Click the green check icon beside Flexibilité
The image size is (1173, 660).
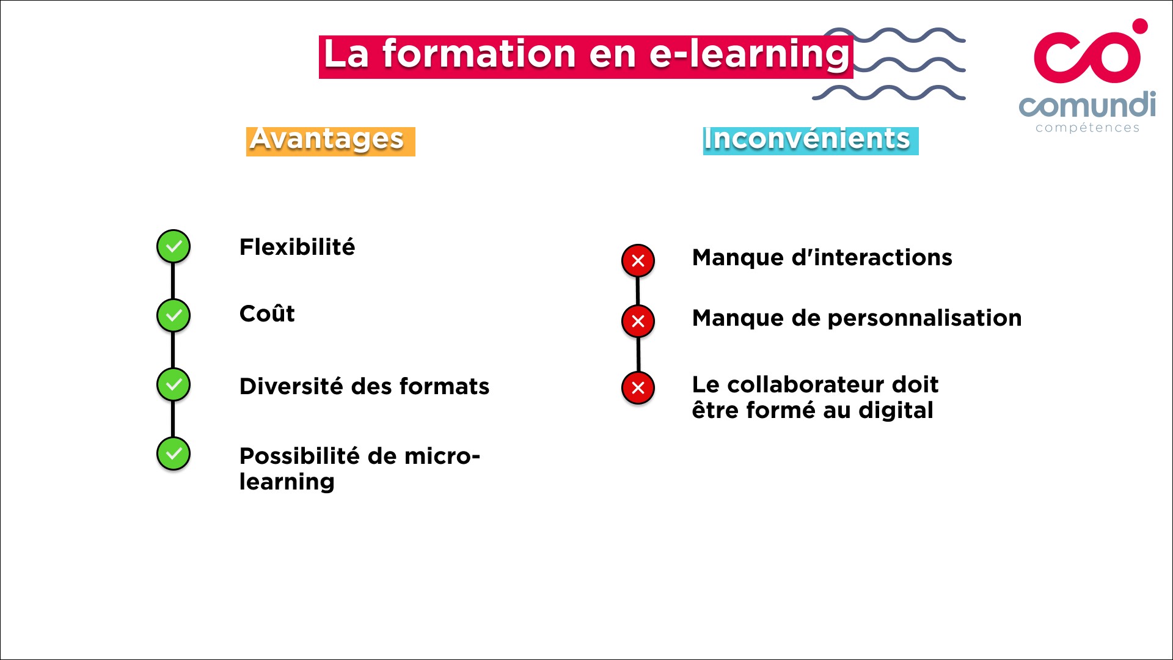(x=174, y=246)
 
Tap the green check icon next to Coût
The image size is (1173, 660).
(x=174, y=315)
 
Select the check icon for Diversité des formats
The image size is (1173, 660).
(x=174, y=384)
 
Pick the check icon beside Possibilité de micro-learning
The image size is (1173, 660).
(x=174, y=453)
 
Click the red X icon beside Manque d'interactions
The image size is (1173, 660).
(x=638, y=261)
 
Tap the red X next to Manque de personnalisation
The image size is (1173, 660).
(x=638, y=321)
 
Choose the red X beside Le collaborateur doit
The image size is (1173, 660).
(x=638, y=387)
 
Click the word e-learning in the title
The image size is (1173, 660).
(x=749, y=55)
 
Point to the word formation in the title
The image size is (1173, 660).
(x=479, y=55)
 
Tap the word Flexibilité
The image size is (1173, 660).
(x=297, y=248)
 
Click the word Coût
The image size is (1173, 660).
(x=267, y=313)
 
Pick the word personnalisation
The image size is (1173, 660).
(x=924, y=318)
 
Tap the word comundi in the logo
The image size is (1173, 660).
(x=1087, y=105)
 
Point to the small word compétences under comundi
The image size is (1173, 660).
(x=1087, y=128)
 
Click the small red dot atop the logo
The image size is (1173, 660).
(x=1139, y=26)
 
